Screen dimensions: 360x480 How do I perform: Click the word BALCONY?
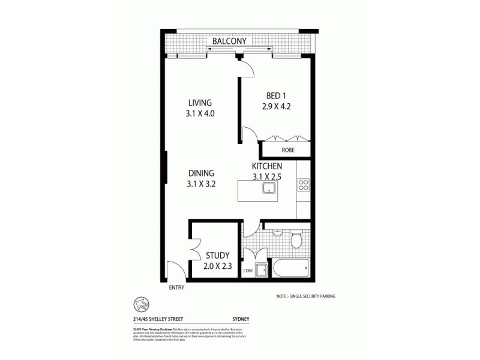click(238, 41)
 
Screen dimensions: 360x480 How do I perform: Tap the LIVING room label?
click(200, 103)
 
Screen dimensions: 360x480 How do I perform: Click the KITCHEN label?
click(267, 165)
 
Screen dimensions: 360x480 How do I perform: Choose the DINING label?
click(200, 173)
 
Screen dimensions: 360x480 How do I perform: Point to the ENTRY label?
click(176, 287)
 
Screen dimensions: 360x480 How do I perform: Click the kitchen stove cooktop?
click(303, 185)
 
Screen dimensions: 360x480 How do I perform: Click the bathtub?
click(291, 267)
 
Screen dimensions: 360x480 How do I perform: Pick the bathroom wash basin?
click(277, 233)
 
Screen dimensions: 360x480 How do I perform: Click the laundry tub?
click(262, 270)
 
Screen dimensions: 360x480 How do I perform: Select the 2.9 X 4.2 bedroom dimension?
click(276, 108)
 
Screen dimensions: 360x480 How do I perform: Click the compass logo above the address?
click(136, 304)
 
